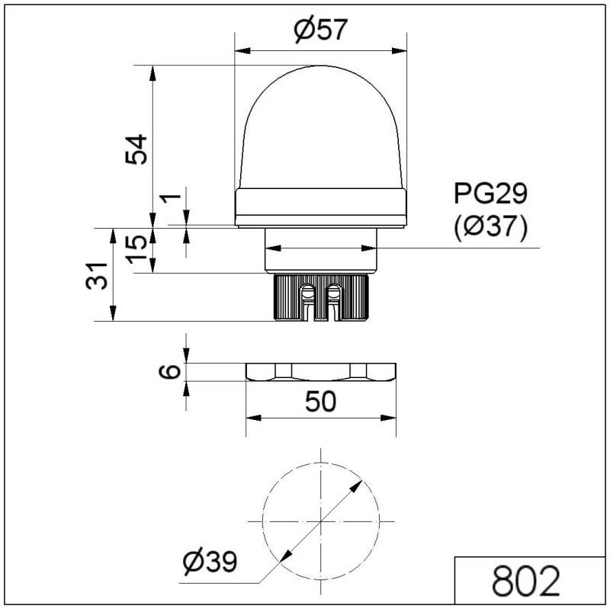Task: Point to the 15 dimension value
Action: pyautogui.click(x=136, y=248)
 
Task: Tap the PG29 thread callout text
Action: pyautogui.click(x=490, y=194)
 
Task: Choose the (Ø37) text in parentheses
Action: pyautogui.click(x=490, y=228)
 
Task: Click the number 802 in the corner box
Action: pyautogui.click(x=526, y=582)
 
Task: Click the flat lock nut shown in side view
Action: pyautogui.click(x=321, y=372)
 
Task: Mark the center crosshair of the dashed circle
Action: pyautogui.click(x=321, y=520)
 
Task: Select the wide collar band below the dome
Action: pyautogui.click(x=321, y=207)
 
